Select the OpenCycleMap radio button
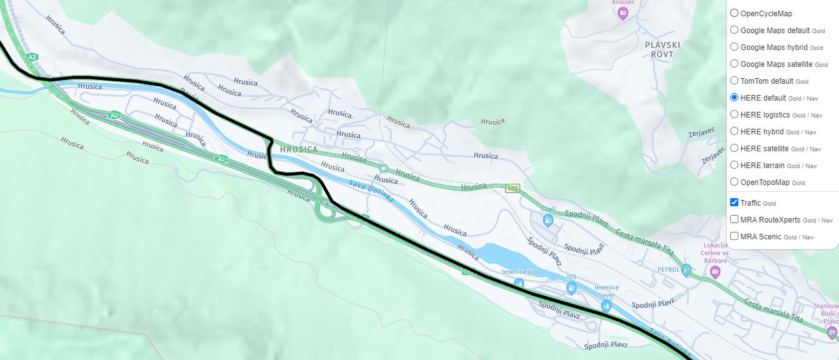pos(734,13)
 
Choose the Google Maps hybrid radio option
pos(734,47)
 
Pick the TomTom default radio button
pos(734,81)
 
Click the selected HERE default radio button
pos(734,97)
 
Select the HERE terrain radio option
pos(734,165)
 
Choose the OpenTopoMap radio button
pos(734,182)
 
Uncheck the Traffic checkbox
pos(734,202)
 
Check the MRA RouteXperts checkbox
pos(734,219)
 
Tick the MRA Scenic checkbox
pos(734,236)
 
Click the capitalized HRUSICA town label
pos(299,150)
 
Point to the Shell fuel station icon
pos(548,220)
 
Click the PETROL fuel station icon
pos(686,270)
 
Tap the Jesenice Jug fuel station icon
pos(519,283)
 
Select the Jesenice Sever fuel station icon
pos(606,306)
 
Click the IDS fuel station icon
pos(571,287)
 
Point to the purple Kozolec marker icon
pos(622,13)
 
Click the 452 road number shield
pos(513,188)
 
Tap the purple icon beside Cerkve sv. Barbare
pos(715,271)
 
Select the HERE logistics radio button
pos(734,114)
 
